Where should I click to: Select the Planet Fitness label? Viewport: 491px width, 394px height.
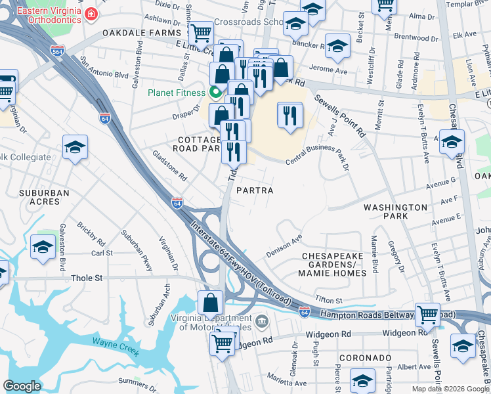point(177,93)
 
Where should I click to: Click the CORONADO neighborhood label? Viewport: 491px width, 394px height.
point(366,358)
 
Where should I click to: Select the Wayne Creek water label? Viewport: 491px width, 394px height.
point(115,347)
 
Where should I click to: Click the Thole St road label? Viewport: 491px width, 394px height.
point(87,278)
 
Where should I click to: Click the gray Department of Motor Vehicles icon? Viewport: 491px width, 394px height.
point(262,321)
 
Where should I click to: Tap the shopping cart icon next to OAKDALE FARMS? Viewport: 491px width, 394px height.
point(200,32)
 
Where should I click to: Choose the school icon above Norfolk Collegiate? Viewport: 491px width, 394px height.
point(75,147)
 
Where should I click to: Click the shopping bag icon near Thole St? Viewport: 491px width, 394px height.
point(211,303)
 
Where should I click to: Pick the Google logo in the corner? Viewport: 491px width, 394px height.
point(22,386)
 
